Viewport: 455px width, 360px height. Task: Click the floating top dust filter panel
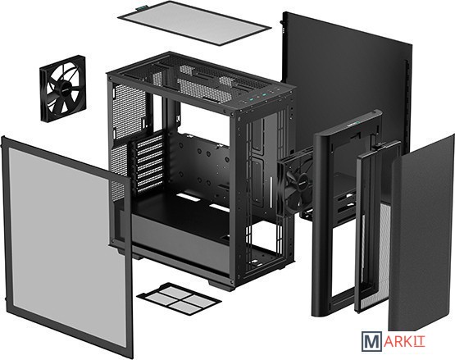(194, 23)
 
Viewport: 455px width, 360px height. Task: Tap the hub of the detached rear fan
(64, 89)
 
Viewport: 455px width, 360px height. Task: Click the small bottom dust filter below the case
(179, 298)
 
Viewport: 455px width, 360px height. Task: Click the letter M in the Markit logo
(371, 342)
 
